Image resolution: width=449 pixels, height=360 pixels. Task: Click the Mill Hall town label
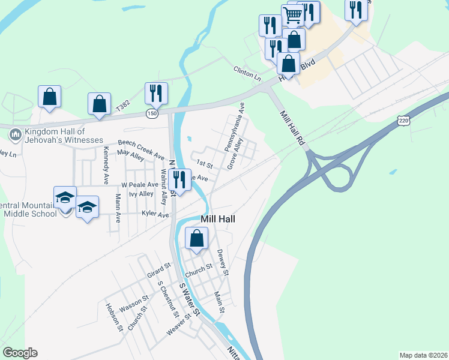pos(218,220)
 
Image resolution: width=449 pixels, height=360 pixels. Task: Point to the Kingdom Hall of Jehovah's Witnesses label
pos(56,136)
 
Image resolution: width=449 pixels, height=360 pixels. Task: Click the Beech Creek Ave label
pos(141,150)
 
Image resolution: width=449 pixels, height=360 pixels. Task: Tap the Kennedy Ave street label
pos(106,160)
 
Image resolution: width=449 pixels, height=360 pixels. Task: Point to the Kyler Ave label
pos(155,214)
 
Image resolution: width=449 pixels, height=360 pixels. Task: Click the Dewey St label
pos(223,263)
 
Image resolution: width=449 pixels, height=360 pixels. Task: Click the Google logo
pos(20,353)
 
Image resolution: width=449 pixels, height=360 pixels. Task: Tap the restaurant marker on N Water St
pos(179,179)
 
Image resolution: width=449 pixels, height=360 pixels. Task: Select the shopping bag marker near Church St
pos(196,239)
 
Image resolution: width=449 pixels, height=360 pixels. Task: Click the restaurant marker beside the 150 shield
pos(156,93)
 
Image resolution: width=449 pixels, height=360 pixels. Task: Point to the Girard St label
pos(159,269)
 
